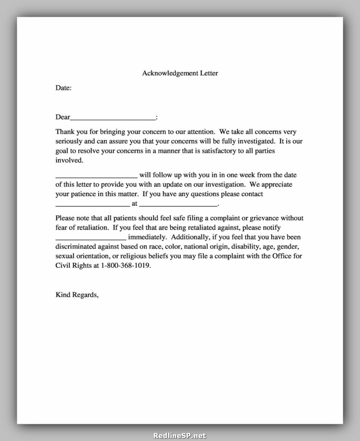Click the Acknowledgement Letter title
[x=180, y=73]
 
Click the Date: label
[x=63, y=88]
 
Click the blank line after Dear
[x=113, y=118]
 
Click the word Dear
[x=63, y=117]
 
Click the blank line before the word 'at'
[x=93, y=204]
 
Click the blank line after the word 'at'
[x=178, y=204]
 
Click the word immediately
[x=147, y=237]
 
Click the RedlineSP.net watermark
[x=180, y=436]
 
